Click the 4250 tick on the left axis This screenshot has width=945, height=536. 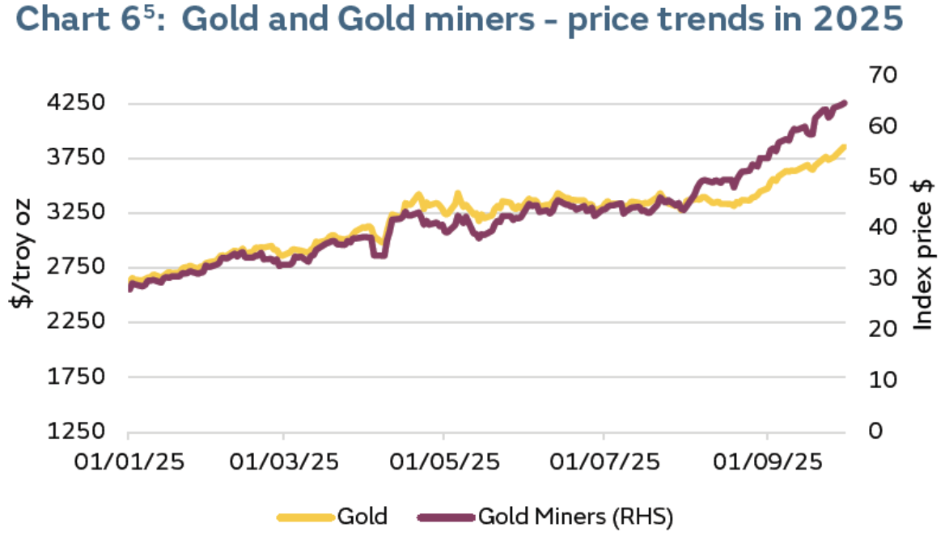click(78, 103)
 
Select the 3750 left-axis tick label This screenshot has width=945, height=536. click(78, 158)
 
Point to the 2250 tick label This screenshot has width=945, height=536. click(78, 322)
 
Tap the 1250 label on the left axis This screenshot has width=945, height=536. click(78, 431)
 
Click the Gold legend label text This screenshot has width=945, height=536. click(362, 515)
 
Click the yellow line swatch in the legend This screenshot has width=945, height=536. click(305, 516)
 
